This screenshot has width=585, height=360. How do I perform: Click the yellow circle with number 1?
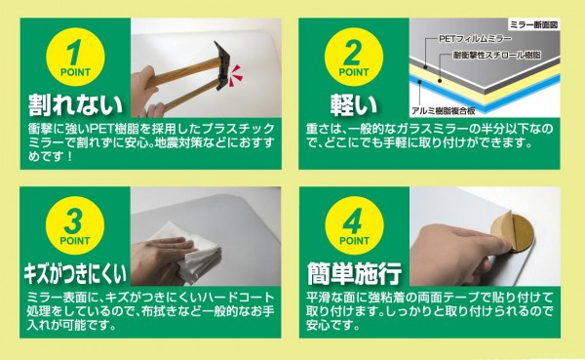pyautogui.click(x=75, y=58)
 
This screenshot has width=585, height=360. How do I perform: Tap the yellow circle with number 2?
pyautogui.click(x=354, y=58)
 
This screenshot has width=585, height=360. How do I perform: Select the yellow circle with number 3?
pyautogui.click(x=75, y=226)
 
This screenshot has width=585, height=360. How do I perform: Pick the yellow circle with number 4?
pyautogui.click(x=354, y=226)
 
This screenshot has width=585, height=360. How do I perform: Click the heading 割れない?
pyautogui.click(x=75, y=104)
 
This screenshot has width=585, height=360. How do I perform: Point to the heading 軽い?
pyautogui.click(x=354, y=104)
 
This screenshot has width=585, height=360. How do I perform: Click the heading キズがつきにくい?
pyautogui.click(x=75, y=273)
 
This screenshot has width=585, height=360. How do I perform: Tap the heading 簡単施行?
pyautogui.click(x=354, y=273)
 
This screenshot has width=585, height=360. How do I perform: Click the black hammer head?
pyautogui.click(x=221, y=66)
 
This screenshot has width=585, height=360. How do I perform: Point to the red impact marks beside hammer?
pyautogui.click(x=236, y=75)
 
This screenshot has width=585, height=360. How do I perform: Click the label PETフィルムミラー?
pyautogui.click(x=475, y=38)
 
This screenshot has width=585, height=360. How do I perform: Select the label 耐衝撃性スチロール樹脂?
pyautogui.click(x=497, y=56)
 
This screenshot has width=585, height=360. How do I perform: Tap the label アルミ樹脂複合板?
pyautogui.click(x=444, y=110)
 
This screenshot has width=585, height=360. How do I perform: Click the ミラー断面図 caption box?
pyautogui.click(x=533, y=25)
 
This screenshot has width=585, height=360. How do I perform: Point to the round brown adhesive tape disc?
pyautogui.click(x=512, y=231)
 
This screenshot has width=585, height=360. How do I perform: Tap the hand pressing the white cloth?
pyautogui.click(x=162, y=260)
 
